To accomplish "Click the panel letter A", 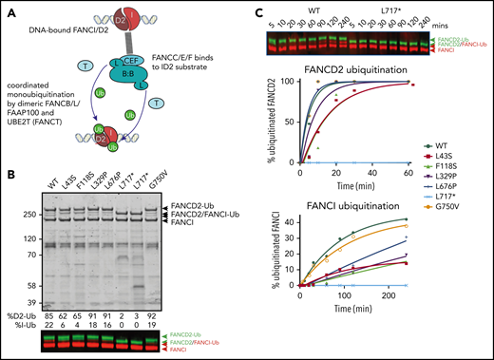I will coord(8,9).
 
